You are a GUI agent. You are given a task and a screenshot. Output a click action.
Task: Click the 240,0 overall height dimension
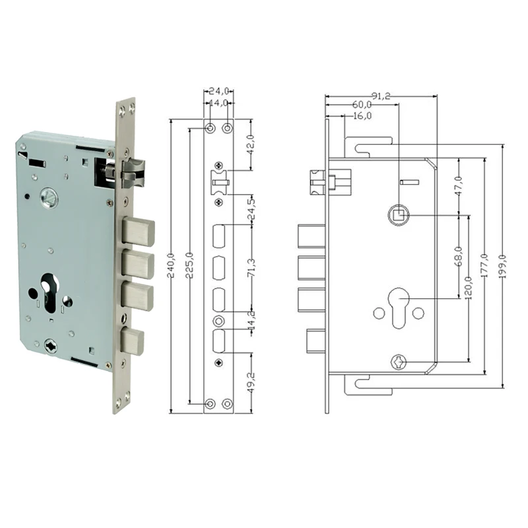[172, 265]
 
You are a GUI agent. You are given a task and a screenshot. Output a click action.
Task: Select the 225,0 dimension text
[190, 265]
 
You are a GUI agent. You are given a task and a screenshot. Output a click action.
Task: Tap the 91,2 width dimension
[381, 96]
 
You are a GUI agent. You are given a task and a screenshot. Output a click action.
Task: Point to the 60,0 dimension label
[362, 105]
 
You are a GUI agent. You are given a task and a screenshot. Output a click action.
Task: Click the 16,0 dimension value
[362, 116]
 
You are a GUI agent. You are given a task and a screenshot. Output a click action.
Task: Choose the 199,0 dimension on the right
[504, 266]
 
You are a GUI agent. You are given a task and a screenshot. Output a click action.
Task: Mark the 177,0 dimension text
[485, 266]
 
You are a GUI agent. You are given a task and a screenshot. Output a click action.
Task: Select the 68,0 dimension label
[459, 257]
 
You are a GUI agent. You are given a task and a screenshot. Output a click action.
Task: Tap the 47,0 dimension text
[459, 186]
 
